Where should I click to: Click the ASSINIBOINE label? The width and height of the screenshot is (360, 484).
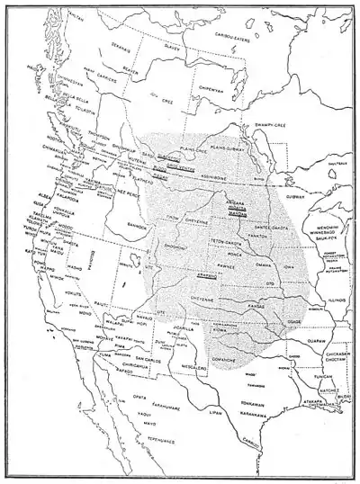[x=227, y=179]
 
